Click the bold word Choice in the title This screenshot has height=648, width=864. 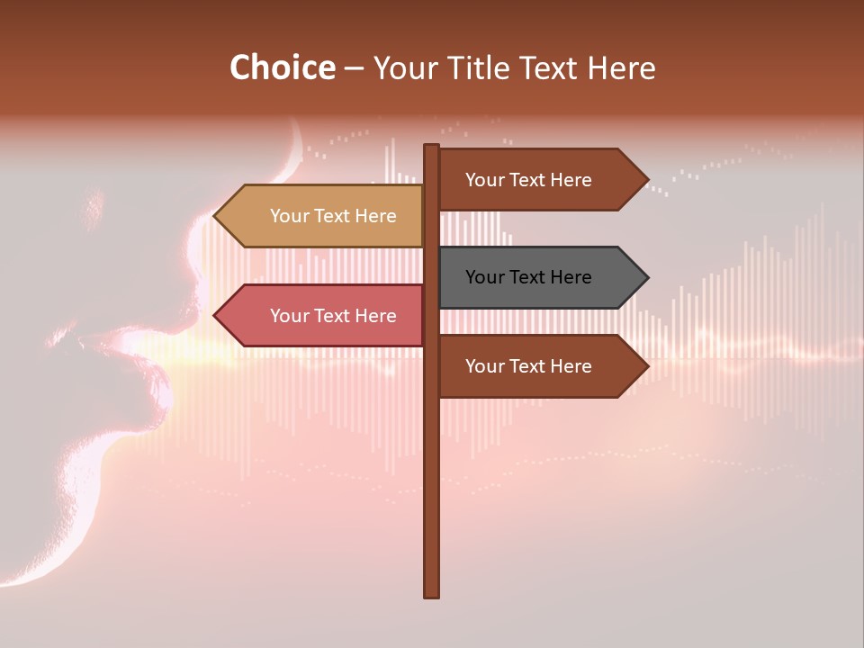click(x=282, y=68)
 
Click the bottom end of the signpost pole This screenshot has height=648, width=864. click(x=431, y=595)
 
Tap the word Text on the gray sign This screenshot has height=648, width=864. click(x=528, y=277)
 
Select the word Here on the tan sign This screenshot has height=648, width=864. click(x=375, y=216)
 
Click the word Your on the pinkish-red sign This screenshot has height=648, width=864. click(x=288, y=316)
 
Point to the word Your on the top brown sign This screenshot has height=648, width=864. click(x=484, y=180)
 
